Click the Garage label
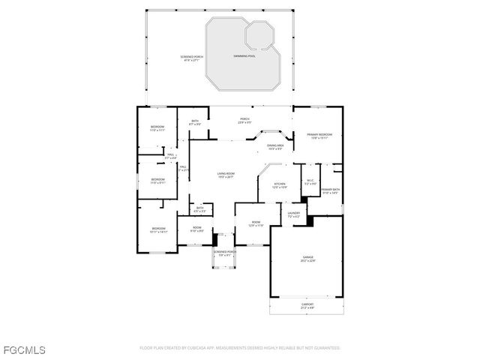coord(307,259)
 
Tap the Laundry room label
coord(294,214)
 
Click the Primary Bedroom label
coord(319,136)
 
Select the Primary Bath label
coord(331,191)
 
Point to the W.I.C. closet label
coord(310,181)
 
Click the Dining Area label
coord(275,147)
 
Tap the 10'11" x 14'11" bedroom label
coord(158,230)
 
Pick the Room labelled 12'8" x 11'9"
coord(256,224)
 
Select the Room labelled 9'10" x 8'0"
coord(197,229)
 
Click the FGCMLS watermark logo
coord(24,349)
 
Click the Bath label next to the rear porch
coord(195,122)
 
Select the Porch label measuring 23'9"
coord(244,120)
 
